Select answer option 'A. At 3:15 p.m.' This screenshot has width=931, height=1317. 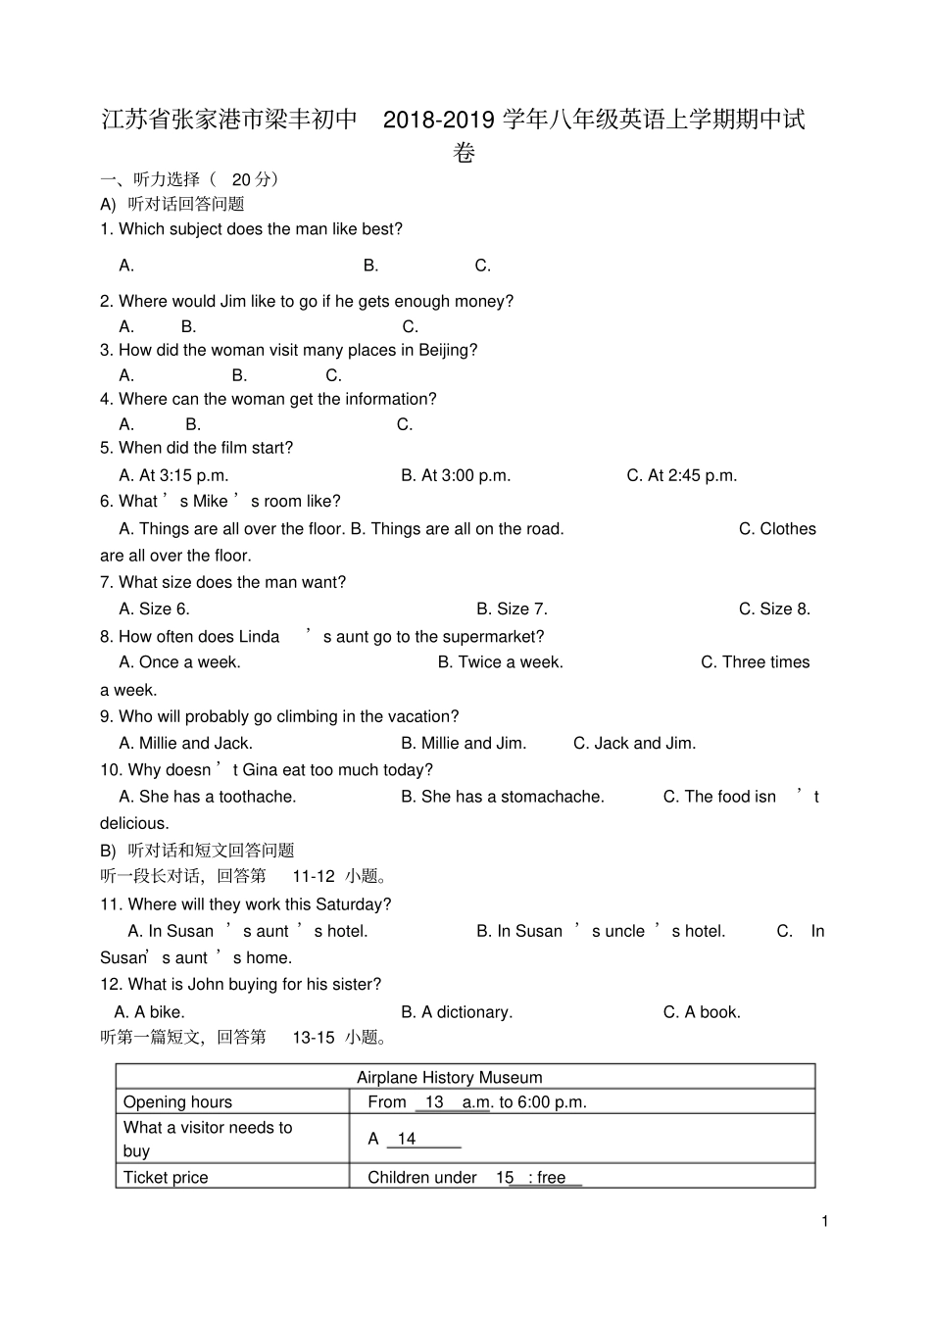point(173,475)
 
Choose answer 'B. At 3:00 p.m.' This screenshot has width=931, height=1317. point(456,475)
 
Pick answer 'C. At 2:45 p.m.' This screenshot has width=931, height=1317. point(681,475)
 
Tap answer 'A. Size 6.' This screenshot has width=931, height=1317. point(154,609)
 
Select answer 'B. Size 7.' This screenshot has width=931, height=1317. point(512,609)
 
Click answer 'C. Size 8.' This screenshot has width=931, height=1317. point(774,609)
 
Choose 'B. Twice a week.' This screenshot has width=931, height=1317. point(500,662)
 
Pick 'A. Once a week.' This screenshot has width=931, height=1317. point(179,662)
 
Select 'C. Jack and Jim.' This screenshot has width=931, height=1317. point(634,743)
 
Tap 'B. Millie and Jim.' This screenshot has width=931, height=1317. point(464,743)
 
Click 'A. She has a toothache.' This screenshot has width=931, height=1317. point(207,797)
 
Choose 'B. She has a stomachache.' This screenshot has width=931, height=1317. point(503,797)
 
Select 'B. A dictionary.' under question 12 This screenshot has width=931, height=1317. point(457,1012)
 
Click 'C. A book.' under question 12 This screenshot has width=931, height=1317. point(702,1012)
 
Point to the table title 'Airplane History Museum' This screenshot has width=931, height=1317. point(449,1078)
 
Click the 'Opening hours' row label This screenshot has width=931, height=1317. point(177,1102)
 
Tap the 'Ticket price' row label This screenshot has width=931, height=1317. point(166,1178)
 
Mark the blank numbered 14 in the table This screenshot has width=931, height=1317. point(422,1140)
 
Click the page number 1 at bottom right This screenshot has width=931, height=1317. point(825,1221)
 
